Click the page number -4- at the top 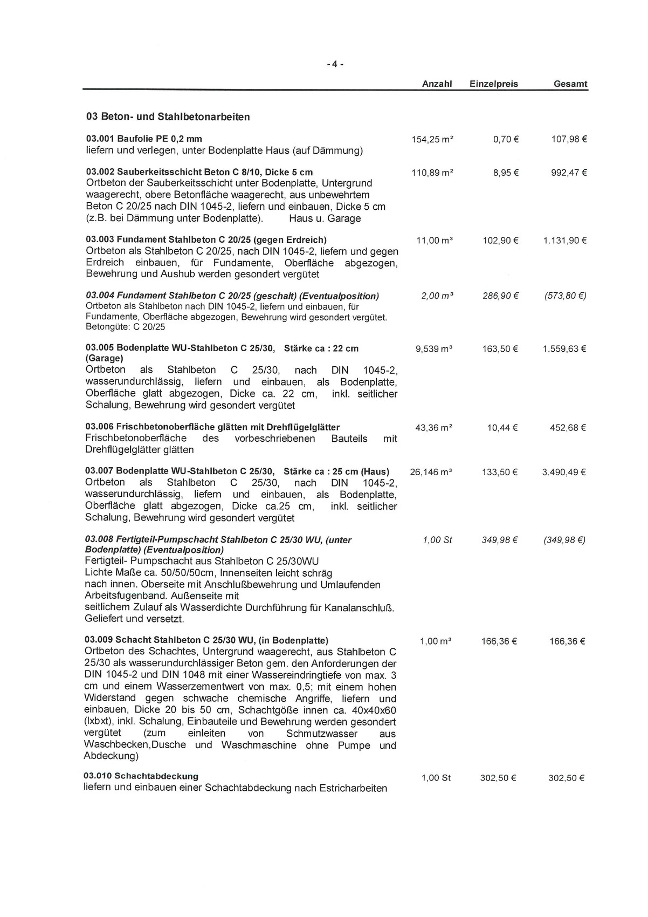[335, 64]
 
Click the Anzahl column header [437, 84]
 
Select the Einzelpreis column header [493, 84]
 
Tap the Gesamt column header [570, 84]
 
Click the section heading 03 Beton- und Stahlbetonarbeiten [168, 117]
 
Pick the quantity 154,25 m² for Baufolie [432, 139]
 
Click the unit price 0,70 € [506, 139]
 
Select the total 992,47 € [568, 173]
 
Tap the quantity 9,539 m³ [433, 349]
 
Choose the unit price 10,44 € [502, 428]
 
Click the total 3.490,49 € [564, 473]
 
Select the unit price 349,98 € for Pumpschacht [500, 540]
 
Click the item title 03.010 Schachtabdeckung [141, 776]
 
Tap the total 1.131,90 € [564, 241]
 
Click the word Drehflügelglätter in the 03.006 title [304, 427]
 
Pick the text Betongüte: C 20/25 [125, 327]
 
